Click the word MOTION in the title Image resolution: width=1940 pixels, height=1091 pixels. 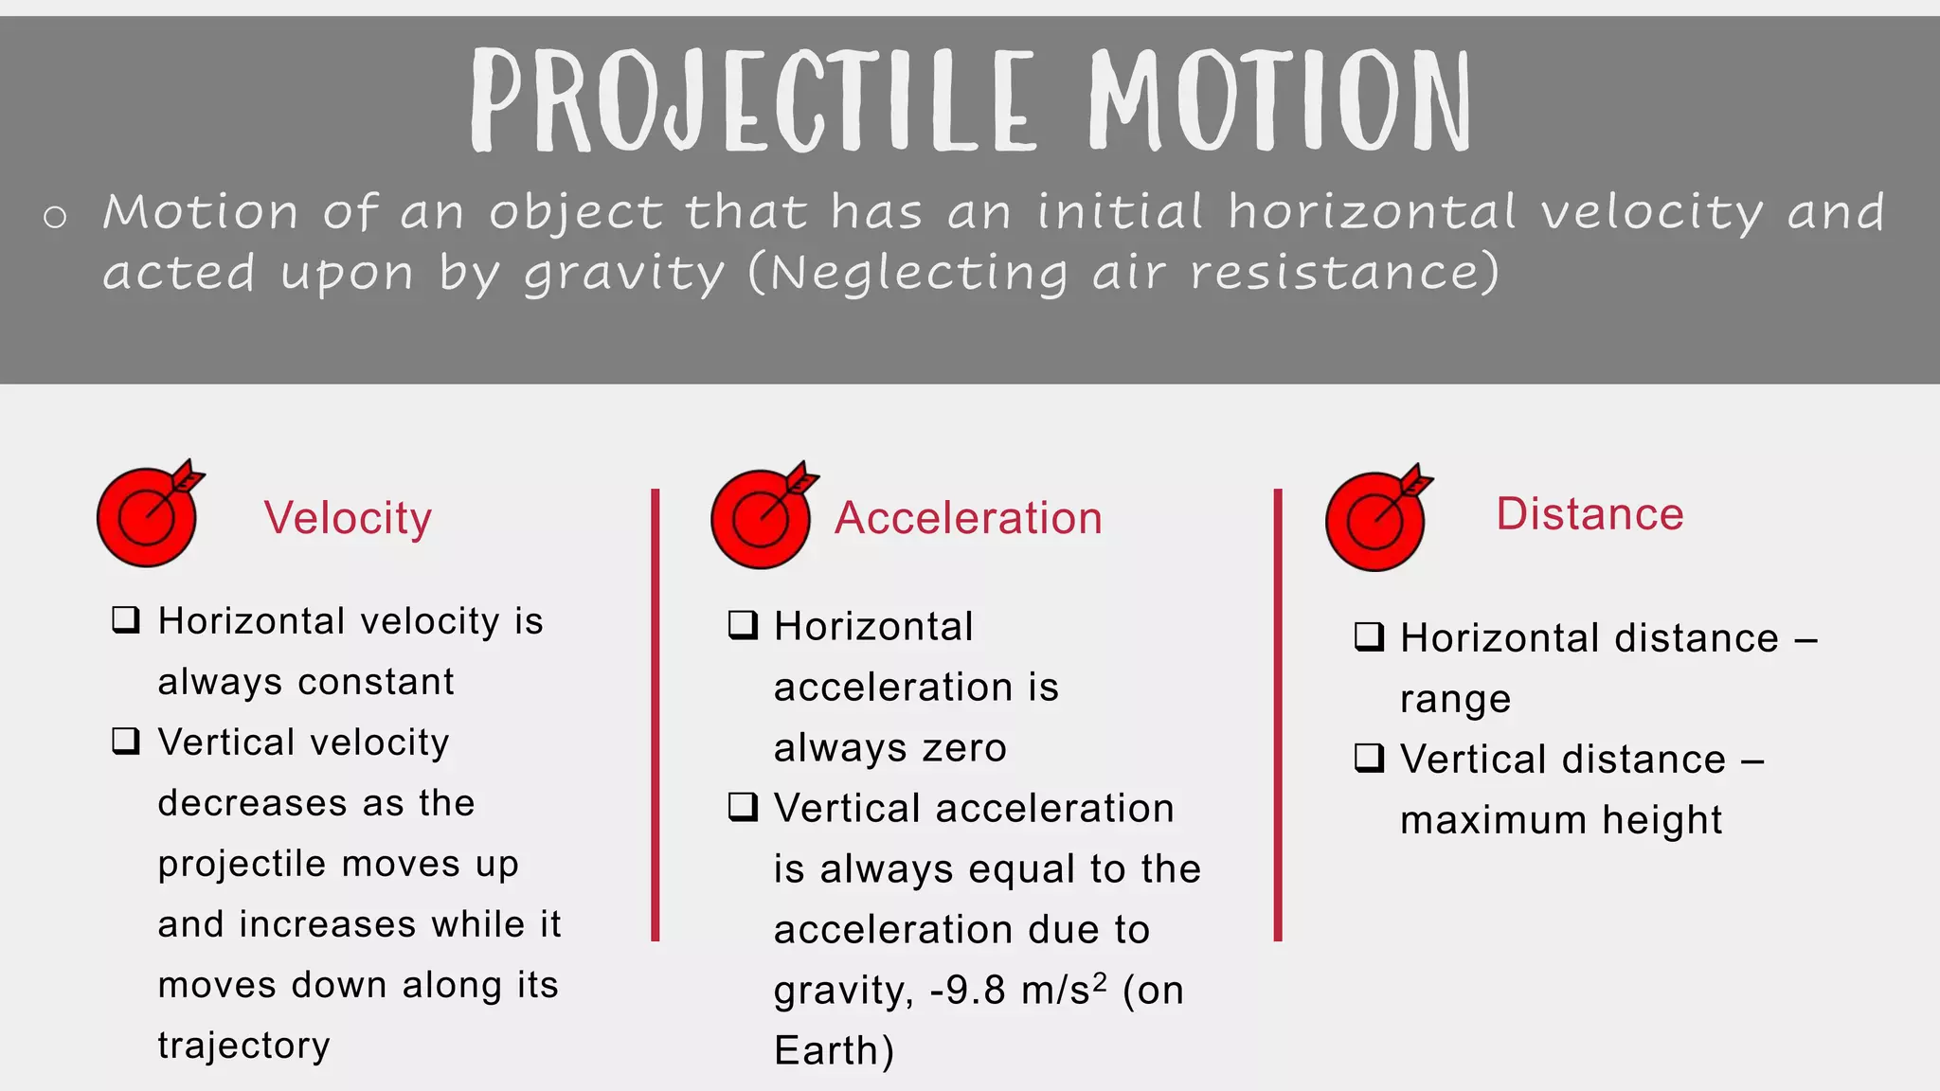1279,101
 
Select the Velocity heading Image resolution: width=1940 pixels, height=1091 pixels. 348,518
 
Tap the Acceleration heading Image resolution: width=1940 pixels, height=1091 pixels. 968,518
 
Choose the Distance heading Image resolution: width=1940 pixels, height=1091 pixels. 1590,514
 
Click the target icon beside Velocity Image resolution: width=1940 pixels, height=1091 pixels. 148,516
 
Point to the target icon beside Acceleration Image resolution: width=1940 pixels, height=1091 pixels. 762,518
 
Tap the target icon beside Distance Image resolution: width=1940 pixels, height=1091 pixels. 1375,520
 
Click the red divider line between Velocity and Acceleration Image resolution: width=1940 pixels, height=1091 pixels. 655,715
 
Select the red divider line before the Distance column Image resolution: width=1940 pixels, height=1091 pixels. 1277,715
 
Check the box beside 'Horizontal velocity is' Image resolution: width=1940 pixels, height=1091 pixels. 126,620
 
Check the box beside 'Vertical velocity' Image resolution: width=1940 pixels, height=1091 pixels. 126,741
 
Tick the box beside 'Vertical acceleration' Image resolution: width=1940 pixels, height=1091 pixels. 743,807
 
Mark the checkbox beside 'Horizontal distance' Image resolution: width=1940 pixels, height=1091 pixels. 1369,636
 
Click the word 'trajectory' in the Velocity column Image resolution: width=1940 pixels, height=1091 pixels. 244,1046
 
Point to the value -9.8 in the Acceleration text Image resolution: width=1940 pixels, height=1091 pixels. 967,991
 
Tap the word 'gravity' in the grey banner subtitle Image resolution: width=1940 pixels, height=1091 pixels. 624,274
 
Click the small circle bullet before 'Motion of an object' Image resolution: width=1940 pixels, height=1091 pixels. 55,217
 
